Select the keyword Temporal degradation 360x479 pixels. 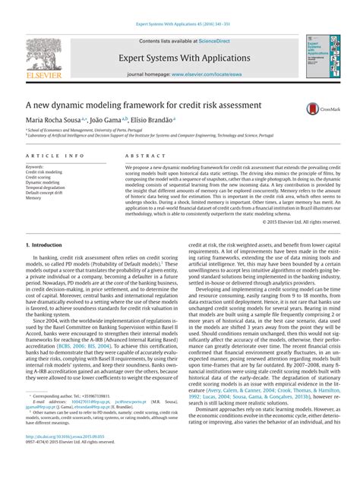tap(46, 188)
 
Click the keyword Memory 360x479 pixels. tap(35, 198)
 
